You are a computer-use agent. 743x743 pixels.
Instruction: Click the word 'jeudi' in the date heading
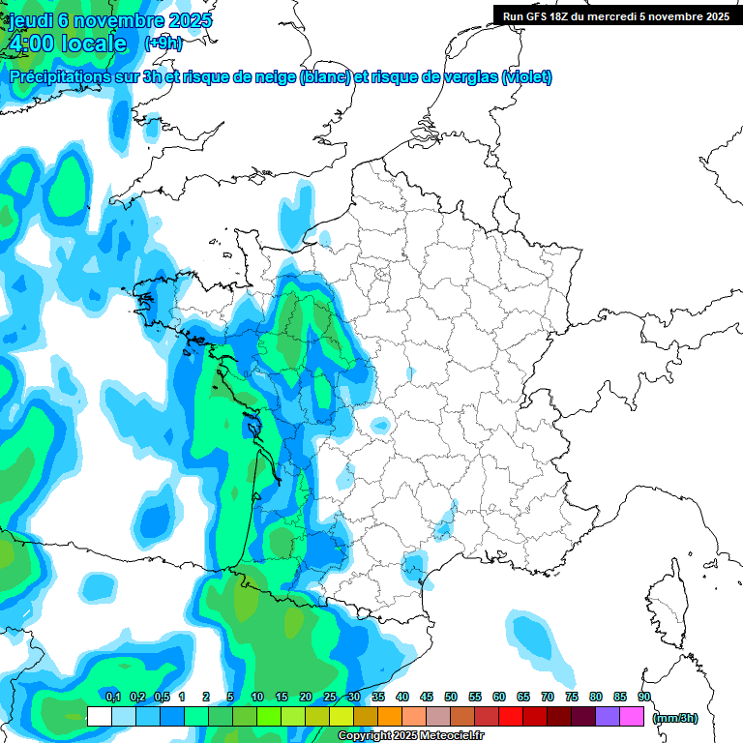pos(37,20)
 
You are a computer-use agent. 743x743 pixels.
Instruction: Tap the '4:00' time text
pos(31,44)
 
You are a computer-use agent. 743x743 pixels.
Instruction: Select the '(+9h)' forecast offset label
pos(163,44)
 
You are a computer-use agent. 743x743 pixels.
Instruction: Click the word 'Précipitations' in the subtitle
pos(61,77)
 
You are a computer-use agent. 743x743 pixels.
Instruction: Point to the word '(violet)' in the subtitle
pos(526,77)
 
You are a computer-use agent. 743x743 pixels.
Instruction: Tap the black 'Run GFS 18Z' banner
pos(616,15)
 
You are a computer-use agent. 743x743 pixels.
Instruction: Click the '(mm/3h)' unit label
pos(675,717)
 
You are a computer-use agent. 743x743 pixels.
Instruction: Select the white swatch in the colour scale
pos(99,717)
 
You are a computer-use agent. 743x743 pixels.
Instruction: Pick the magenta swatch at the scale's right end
pos(632,717)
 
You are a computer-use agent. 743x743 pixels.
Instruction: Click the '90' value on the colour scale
pos(644,697)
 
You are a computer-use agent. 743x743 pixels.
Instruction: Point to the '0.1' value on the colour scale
pos(112,697)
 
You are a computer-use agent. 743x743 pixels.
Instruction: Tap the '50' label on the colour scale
pos(451,697)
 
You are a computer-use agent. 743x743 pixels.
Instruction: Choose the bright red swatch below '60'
pos(511,717)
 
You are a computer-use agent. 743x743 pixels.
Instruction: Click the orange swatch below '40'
pos(390,717)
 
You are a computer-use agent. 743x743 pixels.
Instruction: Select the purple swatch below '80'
pos(608,717)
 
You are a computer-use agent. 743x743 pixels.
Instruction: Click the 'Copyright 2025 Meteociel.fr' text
pos(410,736)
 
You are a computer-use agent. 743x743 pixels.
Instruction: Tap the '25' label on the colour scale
pos(330,697)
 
